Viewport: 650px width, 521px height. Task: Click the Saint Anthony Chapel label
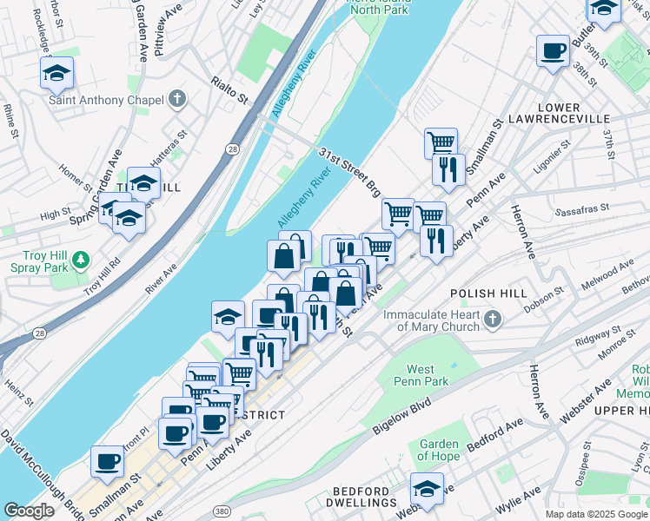point(106,100)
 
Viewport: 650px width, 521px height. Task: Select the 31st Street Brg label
point(350,170)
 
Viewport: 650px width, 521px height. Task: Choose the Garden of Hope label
point(438,450)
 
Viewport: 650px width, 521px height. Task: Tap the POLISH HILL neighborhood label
point(488,294)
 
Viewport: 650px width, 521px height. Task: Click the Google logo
point(29,511)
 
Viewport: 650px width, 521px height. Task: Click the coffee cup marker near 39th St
point(552,51)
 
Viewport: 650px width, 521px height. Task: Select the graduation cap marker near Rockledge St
point(56,73)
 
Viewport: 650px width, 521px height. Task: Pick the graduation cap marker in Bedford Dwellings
point(427,487)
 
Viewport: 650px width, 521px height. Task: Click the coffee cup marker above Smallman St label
point(107,460)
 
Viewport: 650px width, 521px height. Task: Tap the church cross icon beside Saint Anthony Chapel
point(177,99)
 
